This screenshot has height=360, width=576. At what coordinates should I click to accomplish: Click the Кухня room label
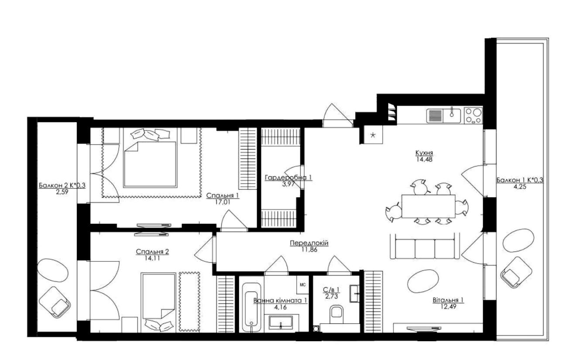(x=424, y=153)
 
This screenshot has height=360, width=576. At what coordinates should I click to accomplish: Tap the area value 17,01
(x=223, y=202)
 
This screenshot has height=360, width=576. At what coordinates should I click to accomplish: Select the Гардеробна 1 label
(x=288, y=178)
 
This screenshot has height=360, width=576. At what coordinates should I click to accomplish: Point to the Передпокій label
(x=309, y=243)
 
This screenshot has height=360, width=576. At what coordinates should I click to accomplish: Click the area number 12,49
(x=448, y=306)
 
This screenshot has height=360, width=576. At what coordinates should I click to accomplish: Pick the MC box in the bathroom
(x=303, y=285)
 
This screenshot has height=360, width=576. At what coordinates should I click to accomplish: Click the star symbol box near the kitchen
(x=374, y=135)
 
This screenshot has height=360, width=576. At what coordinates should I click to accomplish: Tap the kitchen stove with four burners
(x=473, y=116)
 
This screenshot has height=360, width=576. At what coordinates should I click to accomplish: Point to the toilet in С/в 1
(x=336, y=315)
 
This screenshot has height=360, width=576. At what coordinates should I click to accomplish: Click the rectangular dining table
(x=429, y=206)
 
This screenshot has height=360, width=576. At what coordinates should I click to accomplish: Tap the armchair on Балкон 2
(x=54, y=302)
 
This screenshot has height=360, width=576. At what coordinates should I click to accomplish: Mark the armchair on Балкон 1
(x=516, y=272)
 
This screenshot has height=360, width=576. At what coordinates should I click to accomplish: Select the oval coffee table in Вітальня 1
(x=423, y=281)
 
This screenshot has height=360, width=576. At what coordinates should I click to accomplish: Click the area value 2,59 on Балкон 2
(x=62, y=192)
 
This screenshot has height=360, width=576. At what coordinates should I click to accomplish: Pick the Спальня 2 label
(x=152, y=252)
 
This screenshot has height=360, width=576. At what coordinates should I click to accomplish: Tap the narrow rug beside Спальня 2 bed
(x=189, y=302)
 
